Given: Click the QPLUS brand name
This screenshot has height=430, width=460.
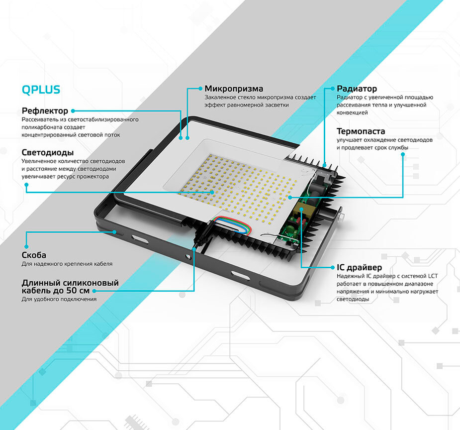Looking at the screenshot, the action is point(41,90).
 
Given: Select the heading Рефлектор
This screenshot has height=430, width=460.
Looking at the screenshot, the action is point(45,110).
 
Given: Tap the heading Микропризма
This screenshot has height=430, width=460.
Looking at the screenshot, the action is point(234,89).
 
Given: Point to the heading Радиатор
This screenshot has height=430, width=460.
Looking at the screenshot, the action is point(357,89).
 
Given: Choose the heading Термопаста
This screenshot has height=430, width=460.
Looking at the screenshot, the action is point(361,131).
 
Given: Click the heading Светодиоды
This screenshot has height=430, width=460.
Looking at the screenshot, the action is point(48,152).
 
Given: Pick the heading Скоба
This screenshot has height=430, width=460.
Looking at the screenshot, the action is point(34,255).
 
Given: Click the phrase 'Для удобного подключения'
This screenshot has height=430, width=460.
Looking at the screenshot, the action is point(59,299).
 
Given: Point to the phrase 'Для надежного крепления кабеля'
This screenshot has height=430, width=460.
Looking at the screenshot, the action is point(67,264).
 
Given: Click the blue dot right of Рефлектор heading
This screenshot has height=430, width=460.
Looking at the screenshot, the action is point(73,111).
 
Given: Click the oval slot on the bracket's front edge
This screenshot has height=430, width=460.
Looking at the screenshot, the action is point(238,274).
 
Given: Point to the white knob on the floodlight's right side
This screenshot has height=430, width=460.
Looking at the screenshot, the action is point(343,217).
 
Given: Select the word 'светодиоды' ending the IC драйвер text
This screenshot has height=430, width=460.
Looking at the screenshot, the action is point(353,299).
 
